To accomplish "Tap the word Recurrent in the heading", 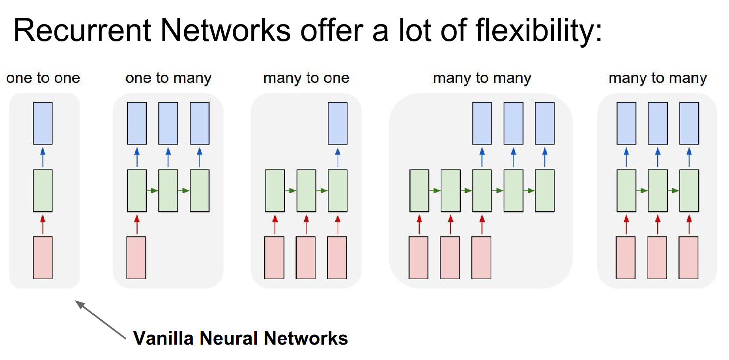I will coord(82,31).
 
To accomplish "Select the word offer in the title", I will coord(331,31).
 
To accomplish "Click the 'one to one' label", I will coord(43,78).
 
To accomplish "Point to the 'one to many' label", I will coord(168,78).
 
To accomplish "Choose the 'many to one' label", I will coord(307,78).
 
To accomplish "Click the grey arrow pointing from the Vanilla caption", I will coord(100,320).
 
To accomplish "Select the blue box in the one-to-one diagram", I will coord(43,123).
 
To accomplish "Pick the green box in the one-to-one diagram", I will coord(43,190).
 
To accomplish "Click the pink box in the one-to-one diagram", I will coord(43,257).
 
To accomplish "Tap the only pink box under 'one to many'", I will coord(136,257).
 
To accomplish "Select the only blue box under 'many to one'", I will coord(338,123).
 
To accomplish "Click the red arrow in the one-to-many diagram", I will coord(137,224).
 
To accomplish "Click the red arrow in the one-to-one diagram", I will coord(43,224).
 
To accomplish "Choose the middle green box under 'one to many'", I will coord(168,190).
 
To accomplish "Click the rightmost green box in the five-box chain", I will coord(545,190).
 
